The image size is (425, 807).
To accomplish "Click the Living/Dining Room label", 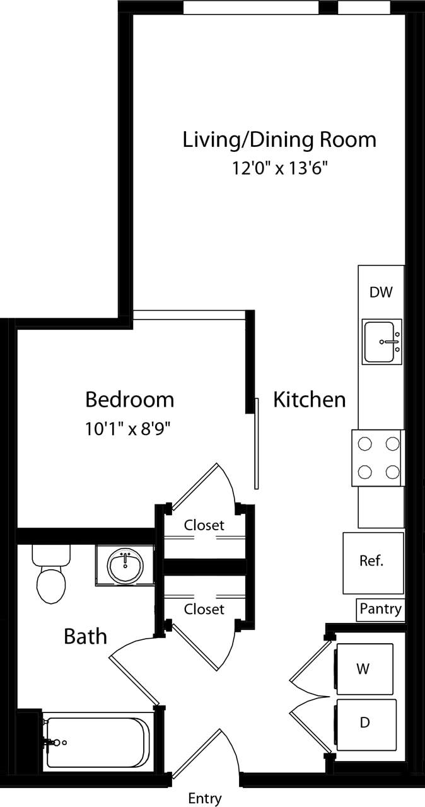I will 279,139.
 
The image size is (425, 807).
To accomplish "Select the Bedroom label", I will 129,400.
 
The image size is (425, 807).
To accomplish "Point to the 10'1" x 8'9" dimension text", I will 129,429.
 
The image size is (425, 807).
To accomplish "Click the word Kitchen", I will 309,400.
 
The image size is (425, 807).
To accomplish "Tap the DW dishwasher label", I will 381,292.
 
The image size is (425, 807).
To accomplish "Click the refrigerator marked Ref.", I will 373,562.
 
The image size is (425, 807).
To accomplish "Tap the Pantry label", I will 380,609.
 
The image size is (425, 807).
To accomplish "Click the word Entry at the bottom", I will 205,798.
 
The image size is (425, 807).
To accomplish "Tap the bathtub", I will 98,742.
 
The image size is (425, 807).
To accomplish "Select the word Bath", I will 85,637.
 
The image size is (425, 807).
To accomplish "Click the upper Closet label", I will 204,525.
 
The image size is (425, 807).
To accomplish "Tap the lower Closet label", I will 204,610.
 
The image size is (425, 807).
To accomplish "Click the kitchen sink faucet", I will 389,342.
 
